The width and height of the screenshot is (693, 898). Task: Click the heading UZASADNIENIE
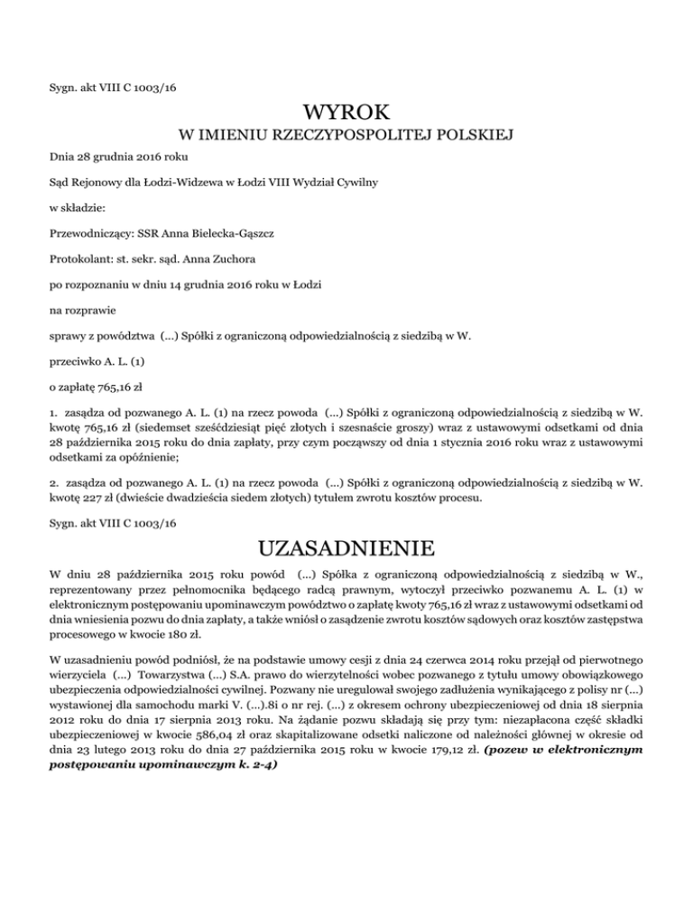click(x=346, y=548)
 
